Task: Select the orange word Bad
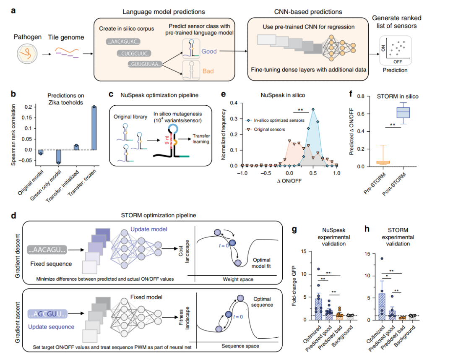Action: tap(208, 71)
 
